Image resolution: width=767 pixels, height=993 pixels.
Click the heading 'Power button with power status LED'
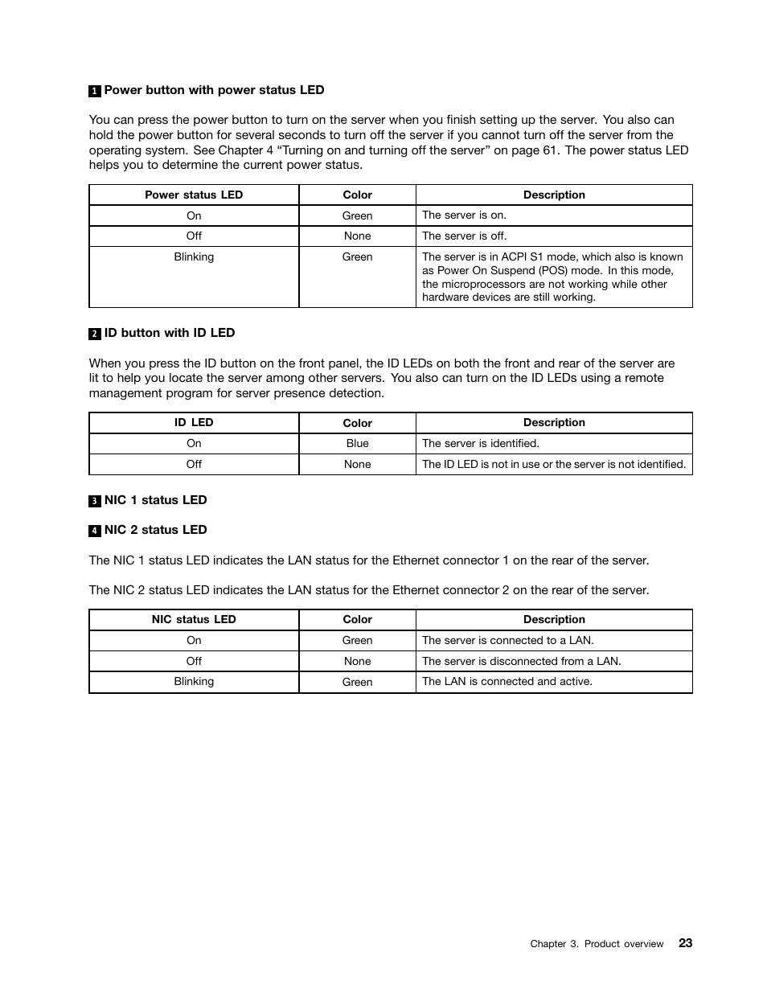[214, 90]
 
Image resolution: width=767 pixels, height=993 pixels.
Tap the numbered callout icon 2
[94, 334]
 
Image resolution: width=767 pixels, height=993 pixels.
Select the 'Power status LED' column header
[194, 195]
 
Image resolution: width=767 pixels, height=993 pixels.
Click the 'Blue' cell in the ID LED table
[357, 444]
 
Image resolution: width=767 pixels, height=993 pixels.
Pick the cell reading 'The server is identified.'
[480, 443]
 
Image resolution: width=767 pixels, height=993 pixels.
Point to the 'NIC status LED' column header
[194, 619]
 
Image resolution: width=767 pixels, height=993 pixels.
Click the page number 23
[684, 943]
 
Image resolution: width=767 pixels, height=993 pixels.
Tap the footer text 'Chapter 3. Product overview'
[597, 944]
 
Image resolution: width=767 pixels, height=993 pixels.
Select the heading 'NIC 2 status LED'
[155, 530]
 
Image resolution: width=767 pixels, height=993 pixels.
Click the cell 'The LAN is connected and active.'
[507, 681]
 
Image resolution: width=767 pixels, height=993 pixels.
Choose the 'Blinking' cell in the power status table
[194, 256]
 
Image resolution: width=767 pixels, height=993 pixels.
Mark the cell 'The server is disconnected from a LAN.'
[521, 661]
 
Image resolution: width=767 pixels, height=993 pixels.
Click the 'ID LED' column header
[194, 422]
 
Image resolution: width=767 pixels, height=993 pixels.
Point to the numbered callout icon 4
[94, 531]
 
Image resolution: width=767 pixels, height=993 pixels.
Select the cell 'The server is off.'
[464, 236]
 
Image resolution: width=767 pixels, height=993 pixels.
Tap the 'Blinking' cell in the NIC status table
[194, 681]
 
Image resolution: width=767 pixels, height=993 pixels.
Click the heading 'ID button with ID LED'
[169, 333]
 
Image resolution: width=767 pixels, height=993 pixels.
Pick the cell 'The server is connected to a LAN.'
[507, 640]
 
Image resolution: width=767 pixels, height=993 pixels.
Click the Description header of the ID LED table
[554, 422]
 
